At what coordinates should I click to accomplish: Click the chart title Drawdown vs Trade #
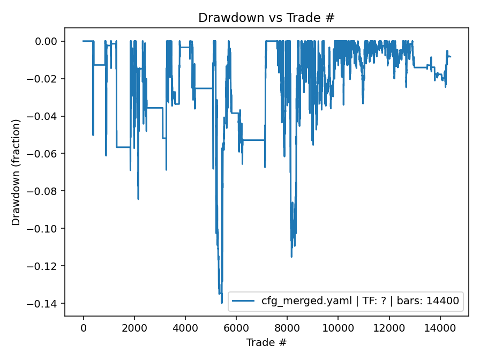coord(266,18)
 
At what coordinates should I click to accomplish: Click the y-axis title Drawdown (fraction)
coord(16,172)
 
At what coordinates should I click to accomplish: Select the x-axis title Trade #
coord(266,342)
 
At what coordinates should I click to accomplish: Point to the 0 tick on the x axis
coord(84,327)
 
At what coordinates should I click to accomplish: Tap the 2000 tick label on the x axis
coord(134,327)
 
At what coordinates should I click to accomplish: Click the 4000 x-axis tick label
coord(185,327)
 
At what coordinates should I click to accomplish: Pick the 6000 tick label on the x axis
coord(236,327)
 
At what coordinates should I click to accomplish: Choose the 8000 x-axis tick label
coord(287,327)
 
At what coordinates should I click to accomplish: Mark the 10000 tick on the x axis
coord(338,327)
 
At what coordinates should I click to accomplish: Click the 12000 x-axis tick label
coord(389,327)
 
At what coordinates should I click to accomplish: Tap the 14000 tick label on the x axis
coord(440,327)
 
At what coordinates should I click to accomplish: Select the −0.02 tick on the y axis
coord(47,79)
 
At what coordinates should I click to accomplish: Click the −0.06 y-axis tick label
coord(47,154)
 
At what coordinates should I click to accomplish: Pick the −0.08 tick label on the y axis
coord(47,191)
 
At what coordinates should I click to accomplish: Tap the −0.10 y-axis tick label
coord(47,229)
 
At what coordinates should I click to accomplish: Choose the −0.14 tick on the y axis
coord(47,304)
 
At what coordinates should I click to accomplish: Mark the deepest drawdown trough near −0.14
coord(222,303)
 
